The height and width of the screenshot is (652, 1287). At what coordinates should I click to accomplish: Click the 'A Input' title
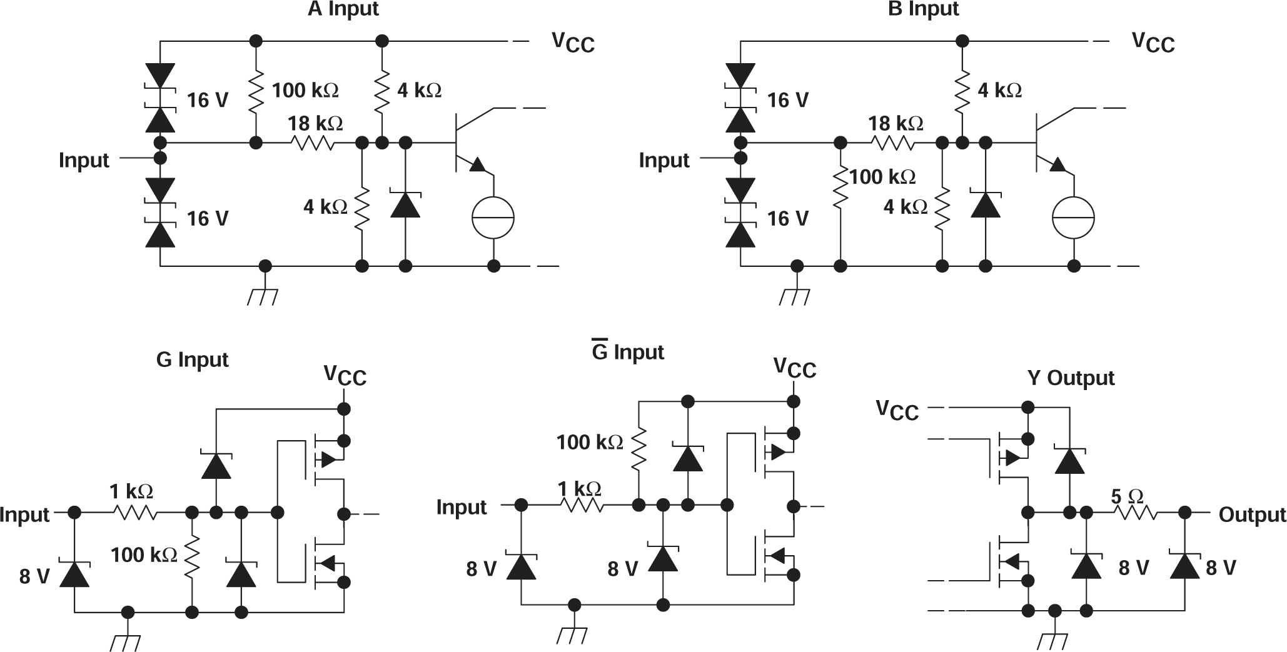pos(343,9)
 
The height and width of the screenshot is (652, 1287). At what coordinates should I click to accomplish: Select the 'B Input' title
pos(923,9)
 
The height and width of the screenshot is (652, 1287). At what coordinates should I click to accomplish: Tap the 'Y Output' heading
pos(1071,378)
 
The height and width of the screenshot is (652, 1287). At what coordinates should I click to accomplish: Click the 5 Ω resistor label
pos(1127,497)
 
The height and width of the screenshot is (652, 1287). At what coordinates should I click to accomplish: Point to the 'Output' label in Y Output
pos(1251,514)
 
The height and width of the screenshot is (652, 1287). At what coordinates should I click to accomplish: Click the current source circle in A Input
pos(493,218)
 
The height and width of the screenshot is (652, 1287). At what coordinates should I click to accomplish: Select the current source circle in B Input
pos(1073,218)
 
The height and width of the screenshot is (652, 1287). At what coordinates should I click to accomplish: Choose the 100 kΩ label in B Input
pos(882,178)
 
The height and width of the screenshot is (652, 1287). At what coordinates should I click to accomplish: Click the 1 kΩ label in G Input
pos(131,491)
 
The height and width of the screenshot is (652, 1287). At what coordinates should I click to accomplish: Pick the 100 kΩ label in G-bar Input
pos(590,443)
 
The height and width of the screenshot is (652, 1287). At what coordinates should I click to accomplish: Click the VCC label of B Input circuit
pos(1153,43)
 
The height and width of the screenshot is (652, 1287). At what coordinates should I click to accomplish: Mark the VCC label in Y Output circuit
pos(897,410)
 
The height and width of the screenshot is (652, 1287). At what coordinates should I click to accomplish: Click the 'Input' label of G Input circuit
pos(24,514)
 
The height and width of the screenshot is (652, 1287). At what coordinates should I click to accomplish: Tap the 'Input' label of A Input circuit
pos(84,160)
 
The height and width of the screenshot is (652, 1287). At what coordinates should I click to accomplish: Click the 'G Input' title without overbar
pos(192,360)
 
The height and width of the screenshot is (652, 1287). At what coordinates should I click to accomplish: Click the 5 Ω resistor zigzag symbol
pos(1133,513)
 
